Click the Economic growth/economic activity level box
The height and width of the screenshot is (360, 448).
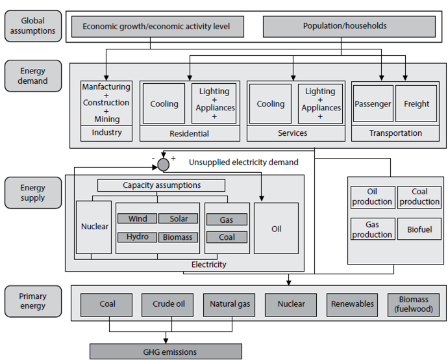[156, 27]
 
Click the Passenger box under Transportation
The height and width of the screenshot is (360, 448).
[373, 104]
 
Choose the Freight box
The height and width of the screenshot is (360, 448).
[416, 104]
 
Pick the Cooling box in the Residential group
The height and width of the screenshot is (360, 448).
[164, 104]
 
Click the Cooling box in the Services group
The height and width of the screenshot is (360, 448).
[270, 104]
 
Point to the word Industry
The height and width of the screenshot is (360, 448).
[107, 133]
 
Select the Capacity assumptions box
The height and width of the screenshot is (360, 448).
[162, 185]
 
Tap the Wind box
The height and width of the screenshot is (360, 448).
[138, 219]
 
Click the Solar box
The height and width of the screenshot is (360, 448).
[174, 219]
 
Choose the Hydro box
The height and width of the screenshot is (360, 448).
[138, 237]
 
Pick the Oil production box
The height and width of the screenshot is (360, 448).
[372, 197]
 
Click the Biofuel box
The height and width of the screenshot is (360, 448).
[419, 229]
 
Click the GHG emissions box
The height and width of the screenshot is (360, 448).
[166, 352]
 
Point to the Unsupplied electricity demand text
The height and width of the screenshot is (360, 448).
[244, 162]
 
